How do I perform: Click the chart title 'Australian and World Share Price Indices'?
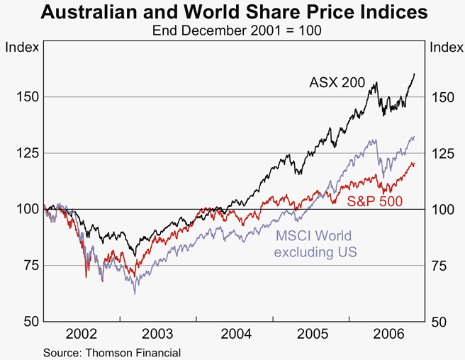click(233, 13)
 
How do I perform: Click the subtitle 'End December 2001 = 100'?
click(232, 31)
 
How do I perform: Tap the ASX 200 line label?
click(337, 83)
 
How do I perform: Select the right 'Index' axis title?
click(444, 47)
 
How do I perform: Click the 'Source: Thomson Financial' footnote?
click(112, 351)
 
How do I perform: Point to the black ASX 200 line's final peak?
click(415, 74)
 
